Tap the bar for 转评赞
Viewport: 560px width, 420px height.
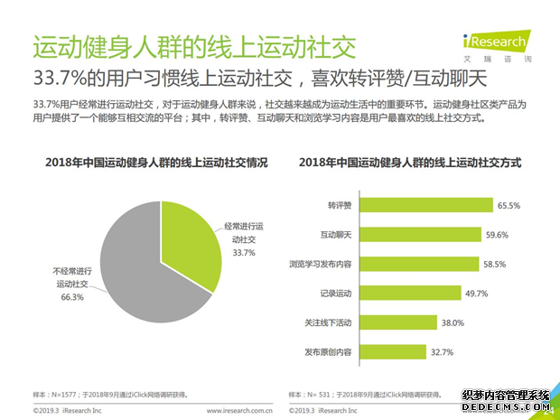(427, 205)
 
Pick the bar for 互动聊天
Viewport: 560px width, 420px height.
(421, 235)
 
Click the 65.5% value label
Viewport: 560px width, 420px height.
(508, 206)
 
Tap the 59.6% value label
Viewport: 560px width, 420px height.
(496, 235)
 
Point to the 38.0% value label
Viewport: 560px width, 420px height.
(453, 323)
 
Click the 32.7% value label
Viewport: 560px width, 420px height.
(442, 352)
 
